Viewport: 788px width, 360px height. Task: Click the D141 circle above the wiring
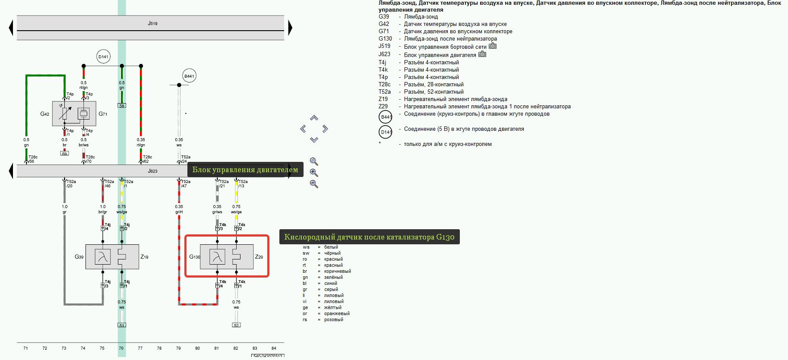(x=103, y=57)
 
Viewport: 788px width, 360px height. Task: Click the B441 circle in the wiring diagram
(x=189, y=76)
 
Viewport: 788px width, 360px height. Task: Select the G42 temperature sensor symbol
(x=65, y=114)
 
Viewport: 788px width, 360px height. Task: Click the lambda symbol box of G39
(x=103, y=257)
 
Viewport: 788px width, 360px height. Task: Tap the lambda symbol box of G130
(x=217, y=257)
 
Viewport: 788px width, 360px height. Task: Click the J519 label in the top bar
(x=152, y=23)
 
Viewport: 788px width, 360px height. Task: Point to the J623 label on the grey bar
(x=152, y=171)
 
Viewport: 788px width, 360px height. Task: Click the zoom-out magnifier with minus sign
(x=314, y=184)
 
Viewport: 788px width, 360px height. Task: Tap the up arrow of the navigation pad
(x=314, y=118)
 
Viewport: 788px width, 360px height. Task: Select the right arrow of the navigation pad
(x=325, y=129)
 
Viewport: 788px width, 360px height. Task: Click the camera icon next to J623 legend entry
(x=482, y=54)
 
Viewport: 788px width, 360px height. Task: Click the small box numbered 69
(x=64, y=153)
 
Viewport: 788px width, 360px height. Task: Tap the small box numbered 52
(x=236, y=325)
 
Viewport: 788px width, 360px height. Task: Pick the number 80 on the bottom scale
(x=197, y=348)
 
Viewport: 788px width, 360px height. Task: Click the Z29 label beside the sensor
(x=259, y=257)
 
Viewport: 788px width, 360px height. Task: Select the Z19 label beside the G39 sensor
(x=144, y=257)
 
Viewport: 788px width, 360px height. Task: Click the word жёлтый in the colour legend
(x=332, y=307)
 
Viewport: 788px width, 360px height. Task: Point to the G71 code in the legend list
(x=384, y=31)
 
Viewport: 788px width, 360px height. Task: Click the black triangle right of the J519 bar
(x=290, y=28)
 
